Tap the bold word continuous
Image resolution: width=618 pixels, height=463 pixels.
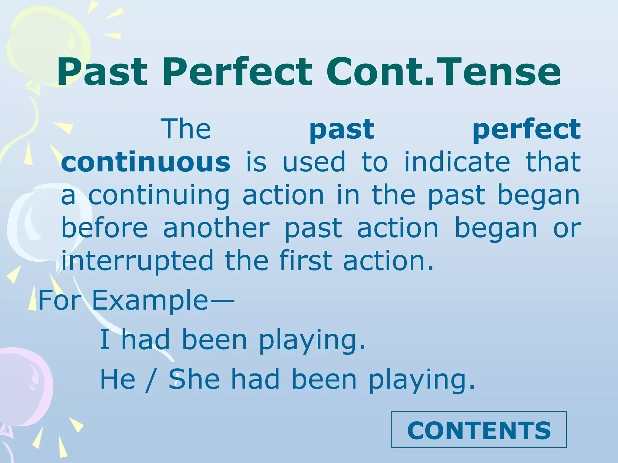point(146,162)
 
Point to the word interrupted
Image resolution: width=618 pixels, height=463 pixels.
point(137,260)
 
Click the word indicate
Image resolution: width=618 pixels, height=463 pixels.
point(457,162)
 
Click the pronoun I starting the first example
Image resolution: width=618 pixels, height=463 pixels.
point(104,340)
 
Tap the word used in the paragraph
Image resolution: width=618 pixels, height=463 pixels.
point(314,162)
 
